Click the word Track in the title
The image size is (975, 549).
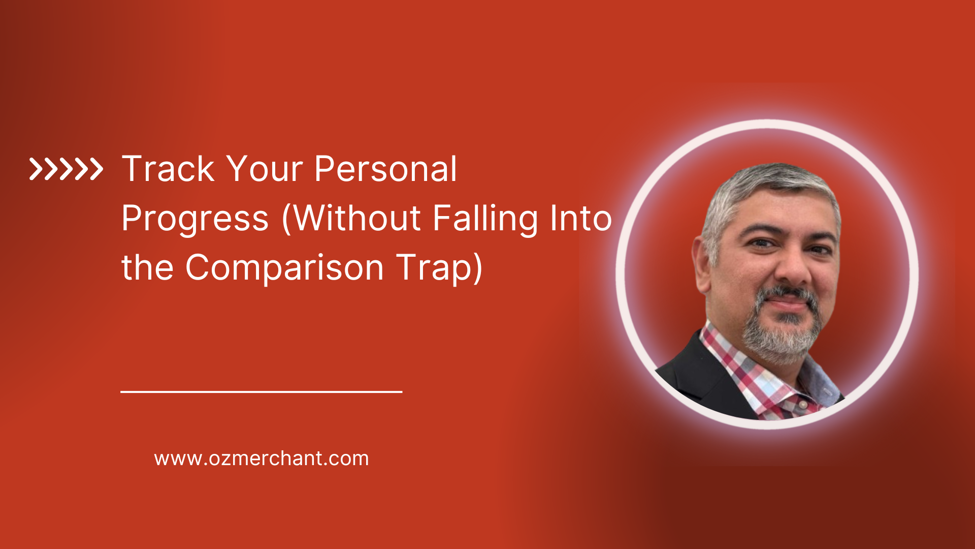coord(169,169)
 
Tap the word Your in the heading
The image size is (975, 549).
coord(264,169)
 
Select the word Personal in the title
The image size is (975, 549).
coord(386,169)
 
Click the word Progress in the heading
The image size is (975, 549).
coord(195,219)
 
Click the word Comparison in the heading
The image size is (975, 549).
coord(284,267)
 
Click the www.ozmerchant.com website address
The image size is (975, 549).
coord(262,459)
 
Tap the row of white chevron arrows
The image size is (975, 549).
coord(66,169)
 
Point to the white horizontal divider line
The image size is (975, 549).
coord(261,391)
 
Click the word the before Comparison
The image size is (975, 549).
coord(147,267)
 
